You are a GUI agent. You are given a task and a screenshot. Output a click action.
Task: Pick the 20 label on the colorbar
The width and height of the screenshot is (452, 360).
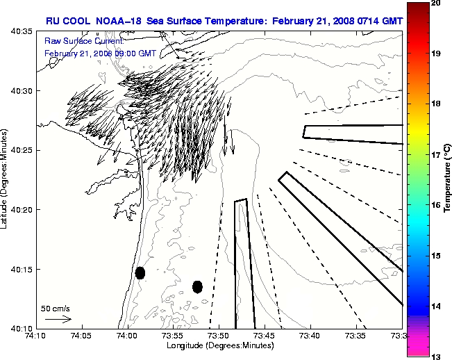pyautogui.click(x=436, y=3)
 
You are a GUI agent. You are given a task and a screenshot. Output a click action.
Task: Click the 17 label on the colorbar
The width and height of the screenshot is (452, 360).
pyautogui.click(x=436, y=155)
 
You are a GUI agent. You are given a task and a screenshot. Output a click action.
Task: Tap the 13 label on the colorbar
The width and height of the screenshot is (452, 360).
pyautogui.click(x=436, y=356)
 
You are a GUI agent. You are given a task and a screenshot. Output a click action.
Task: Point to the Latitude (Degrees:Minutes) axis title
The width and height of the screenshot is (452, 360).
pyautogui.click(x=6, y=180)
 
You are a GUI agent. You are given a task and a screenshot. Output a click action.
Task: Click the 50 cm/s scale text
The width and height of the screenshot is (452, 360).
pyautogui.click(x=56, y=308)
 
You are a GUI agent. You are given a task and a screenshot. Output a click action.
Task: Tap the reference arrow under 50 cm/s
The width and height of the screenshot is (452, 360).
pyautogui.click(x=58, y=319)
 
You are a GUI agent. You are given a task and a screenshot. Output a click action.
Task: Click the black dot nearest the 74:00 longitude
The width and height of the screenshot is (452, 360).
pyautogui.click(x=140, y=272)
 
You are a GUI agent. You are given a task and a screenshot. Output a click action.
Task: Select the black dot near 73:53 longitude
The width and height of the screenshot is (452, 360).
pyautogui.click(x=197, y=286)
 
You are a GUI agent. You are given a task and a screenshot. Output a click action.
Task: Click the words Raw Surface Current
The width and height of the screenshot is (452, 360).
pyautogui.click(x=75, y=42)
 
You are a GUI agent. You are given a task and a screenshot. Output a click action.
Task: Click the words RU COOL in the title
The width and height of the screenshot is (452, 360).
pyautogui.click(x=69, y=21)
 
